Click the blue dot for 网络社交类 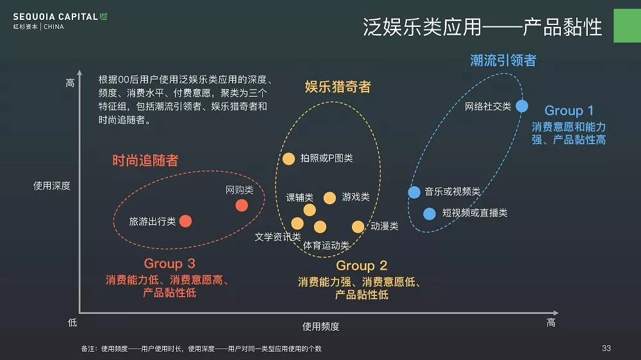point(522,106)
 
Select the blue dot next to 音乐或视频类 point(414,192)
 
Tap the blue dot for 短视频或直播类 point(429,214)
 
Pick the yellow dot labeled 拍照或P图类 point(288,159)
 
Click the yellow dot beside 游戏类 point(329,198)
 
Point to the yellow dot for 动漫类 point(358,227)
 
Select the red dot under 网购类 point(242,205)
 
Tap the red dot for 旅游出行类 point(186,221)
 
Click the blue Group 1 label point(569,110)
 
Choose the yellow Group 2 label point(362,266)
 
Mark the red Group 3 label point(169,263)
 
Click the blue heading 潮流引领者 point(503,60)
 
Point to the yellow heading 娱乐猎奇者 point(338,86)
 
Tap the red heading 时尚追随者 point(145,160)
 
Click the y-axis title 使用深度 point(51,186)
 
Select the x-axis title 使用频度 point(320,327)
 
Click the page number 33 point(606,348)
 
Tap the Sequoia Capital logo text point(55,17)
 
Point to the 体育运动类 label point(326,245)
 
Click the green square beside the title point(627,26)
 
